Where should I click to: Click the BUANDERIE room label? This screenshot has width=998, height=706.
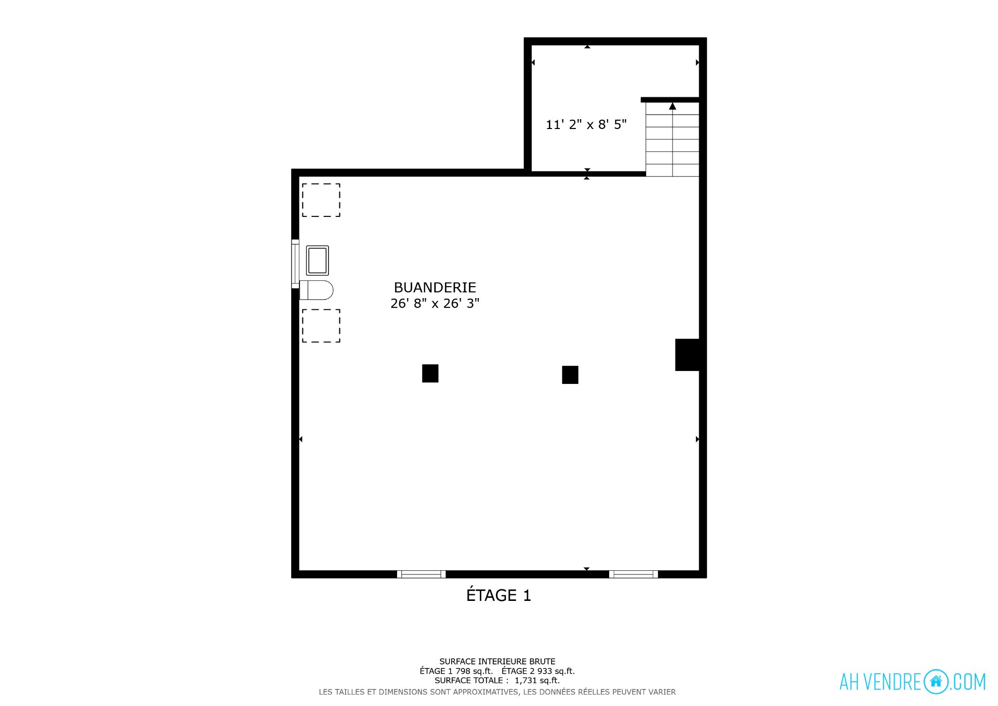435,287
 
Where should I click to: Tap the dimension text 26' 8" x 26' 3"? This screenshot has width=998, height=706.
435,303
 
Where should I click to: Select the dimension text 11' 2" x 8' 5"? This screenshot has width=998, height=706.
586,124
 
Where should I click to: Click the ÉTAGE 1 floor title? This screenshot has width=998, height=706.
498,595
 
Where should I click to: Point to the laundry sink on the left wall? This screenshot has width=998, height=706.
317,260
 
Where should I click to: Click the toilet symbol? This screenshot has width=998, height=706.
317,290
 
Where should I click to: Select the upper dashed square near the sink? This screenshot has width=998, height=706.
321,200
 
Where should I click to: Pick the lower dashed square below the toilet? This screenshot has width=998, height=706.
321,326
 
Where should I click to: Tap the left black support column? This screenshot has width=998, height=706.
430,373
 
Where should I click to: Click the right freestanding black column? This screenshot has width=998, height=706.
570,375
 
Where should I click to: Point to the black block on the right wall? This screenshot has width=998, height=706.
687,355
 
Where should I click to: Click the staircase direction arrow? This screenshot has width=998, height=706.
673,106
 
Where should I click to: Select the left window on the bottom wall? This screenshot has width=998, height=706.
422,574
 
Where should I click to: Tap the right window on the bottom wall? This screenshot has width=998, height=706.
634,574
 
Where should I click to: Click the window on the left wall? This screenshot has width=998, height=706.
295,264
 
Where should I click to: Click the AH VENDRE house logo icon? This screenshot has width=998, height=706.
936,682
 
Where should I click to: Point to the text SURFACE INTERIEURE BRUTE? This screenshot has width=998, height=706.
497,661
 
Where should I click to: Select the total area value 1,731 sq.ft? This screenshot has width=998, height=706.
537,681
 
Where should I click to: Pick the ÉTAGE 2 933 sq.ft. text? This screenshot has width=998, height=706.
539,671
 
